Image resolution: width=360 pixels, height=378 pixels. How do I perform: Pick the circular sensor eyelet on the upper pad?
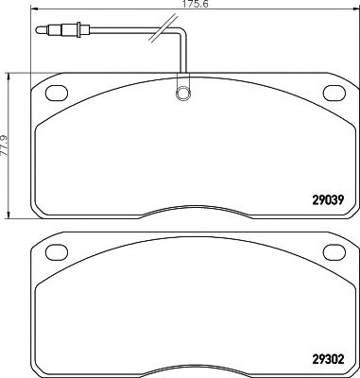click(180, 94)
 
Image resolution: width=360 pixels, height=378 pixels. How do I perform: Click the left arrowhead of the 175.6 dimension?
click(34, 11)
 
